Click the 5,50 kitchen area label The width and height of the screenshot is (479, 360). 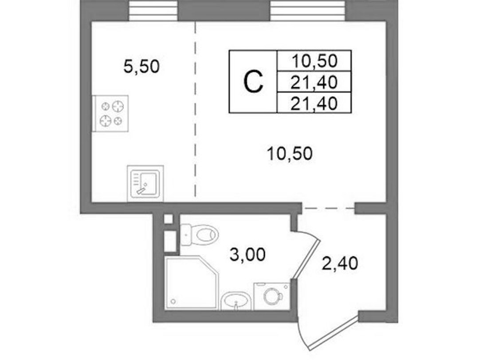pos(141,67)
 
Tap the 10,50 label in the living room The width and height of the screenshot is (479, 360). pos(290,154)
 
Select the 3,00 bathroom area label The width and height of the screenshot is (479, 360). pos(247,254)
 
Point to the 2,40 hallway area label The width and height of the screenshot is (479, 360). pos(340,263)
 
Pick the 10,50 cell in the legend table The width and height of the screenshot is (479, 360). pos(314,60)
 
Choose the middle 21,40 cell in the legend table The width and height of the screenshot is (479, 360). pos(314,82)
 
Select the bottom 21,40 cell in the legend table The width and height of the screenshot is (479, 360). pos(314,103)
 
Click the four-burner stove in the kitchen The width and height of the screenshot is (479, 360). pos(110,114)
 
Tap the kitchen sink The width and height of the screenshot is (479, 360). pos(145,183)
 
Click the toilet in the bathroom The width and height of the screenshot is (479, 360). pos(199,234)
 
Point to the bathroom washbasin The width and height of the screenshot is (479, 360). pos(236,301)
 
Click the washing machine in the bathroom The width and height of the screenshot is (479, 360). pos(272,296)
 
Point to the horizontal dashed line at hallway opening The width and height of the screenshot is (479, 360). pos(328,208)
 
